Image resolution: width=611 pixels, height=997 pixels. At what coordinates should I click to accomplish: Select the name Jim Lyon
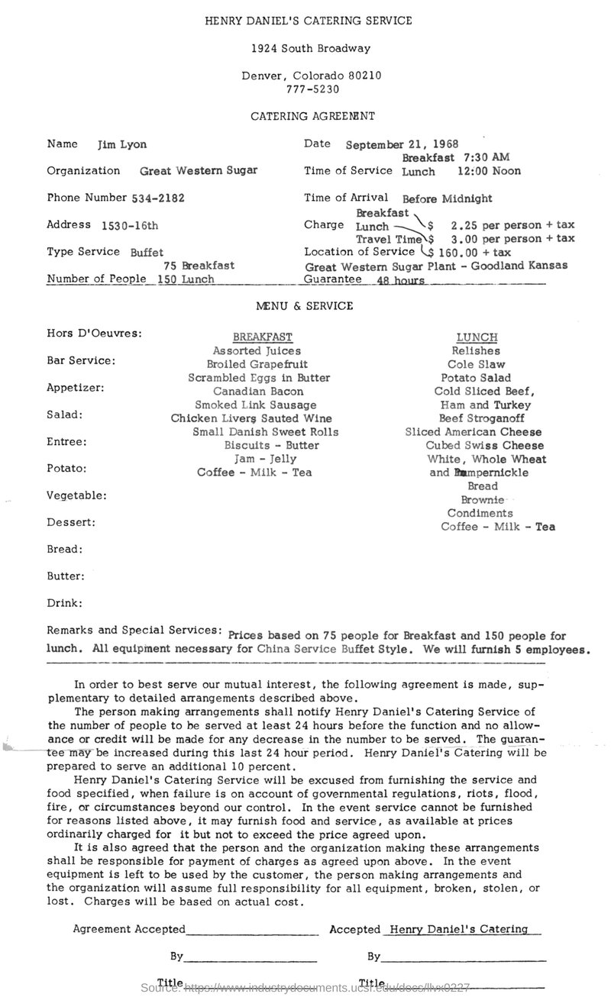pos(122,144)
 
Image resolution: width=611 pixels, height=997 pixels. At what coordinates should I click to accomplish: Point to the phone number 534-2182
pos(158,198)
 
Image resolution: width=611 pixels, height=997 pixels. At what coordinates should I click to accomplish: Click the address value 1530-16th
pos(130,225)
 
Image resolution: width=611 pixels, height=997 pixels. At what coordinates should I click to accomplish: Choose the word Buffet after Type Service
pos(147,251)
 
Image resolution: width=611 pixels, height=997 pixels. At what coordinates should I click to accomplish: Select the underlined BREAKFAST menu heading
pos(263,337)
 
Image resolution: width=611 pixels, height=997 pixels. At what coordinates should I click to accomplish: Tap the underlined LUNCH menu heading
pos(477,337)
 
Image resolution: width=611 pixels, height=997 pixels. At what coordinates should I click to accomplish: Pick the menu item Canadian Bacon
pos(263,391)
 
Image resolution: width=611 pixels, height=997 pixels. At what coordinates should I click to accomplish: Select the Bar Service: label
pos(81,360)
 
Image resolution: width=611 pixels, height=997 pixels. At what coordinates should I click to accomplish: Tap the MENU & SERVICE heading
pos(305,305)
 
